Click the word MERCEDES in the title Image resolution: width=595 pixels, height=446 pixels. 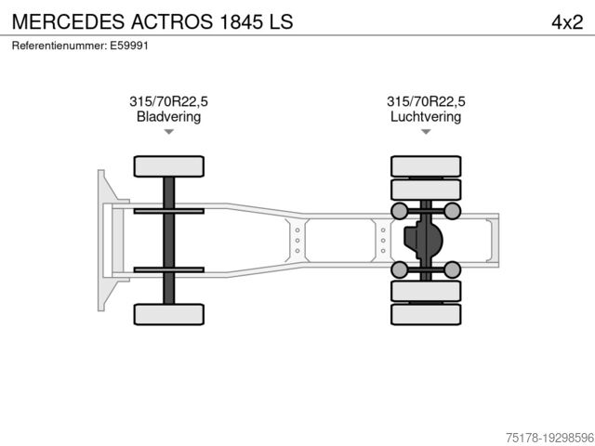(59, 21)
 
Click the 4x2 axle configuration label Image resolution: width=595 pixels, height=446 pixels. (566, 21)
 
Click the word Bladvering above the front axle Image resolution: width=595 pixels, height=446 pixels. (168, 117)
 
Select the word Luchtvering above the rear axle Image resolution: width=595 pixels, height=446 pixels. (426, 117)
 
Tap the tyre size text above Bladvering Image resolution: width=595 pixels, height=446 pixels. (168, 102)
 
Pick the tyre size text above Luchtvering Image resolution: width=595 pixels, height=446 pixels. (426, 102)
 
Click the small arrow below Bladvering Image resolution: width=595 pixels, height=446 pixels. (168, 132)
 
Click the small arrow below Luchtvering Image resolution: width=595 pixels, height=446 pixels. (426, 132)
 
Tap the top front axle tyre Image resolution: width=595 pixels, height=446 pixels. (168, 166)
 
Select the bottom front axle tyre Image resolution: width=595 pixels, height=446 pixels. (168, 314)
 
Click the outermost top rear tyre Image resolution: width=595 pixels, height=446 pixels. (426, 165)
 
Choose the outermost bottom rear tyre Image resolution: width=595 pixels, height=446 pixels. (426, 314)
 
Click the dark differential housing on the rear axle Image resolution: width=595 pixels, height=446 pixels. (423, 240)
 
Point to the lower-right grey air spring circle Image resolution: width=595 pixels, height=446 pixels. (452, 269)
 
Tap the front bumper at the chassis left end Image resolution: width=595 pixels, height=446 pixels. (103, 240)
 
